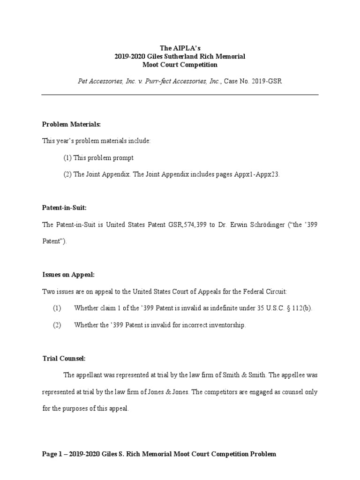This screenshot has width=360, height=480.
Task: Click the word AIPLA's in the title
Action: pos(189,48)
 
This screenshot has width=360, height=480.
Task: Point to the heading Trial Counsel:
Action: pos(64,358)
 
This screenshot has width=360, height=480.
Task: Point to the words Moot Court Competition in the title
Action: pos(180,65)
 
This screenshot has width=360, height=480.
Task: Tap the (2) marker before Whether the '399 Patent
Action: pos(57,325)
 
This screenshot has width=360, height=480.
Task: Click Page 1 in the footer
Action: pos(52,454)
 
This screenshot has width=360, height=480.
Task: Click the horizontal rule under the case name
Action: pos(180,95)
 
